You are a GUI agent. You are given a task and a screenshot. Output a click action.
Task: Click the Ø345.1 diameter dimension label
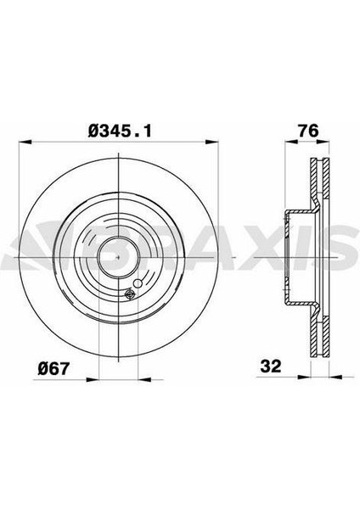pyautogui.click(x=124, y=129)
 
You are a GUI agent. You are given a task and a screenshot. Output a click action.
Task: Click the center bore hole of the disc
pyautogui.click(x=113, y=252)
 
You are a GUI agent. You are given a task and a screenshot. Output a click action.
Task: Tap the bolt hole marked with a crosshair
pyautogui.click(x=130, y=294)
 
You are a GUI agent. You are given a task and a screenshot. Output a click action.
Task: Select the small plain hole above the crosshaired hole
pyautogui.click(x=128, y=285)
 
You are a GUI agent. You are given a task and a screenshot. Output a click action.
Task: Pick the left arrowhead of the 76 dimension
pyautogui.click(x=284, y=142)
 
